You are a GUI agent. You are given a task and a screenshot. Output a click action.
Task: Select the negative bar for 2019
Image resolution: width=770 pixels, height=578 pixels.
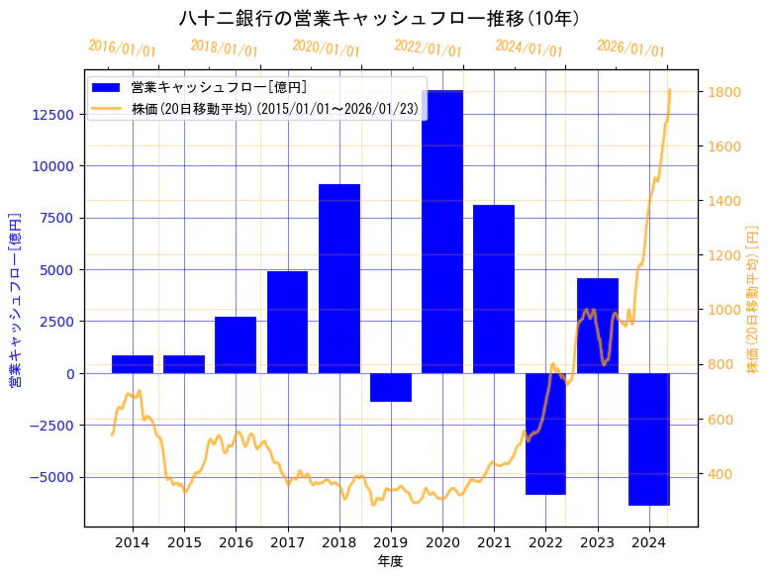[391, 387]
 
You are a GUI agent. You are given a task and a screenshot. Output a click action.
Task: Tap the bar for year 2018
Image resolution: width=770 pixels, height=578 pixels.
[339, 278]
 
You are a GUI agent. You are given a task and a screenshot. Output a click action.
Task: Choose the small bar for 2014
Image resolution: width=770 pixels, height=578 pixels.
[133, 364]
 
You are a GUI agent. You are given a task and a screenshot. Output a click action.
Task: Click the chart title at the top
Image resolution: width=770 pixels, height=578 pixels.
[379, 18]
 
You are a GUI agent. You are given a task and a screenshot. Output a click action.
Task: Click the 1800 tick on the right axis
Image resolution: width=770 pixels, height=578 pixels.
[722, 93]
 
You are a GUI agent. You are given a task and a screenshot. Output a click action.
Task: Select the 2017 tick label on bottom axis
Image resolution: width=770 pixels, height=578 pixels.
[287, 542]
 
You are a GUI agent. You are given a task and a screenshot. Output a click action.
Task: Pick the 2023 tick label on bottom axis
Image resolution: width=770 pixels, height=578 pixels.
[597, 542]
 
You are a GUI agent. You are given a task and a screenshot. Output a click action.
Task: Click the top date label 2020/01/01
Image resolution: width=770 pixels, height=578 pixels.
[327, 48]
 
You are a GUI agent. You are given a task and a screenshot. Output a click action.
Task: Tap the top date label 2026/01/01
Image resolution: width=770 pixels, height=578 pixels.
[631, 48]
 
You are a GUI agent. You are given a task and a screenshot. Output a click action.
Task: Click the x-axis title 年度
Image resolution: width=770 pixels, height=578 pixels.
[391, 561]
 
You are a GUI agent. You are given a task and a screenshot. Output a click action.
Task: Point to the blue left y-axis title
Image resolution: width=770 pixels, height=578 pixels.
[16, 300]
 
